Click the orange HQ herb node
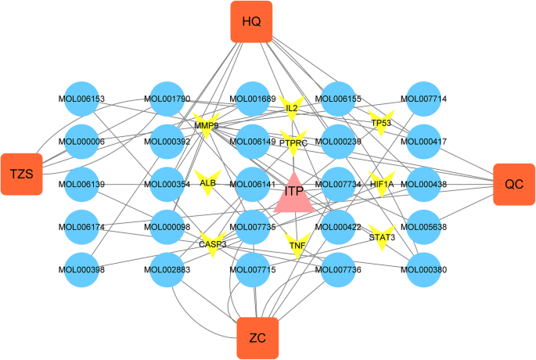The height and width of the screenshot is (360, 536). (x=251, y=21)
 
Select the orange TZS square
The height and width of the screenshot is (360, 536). (x=21, y=174)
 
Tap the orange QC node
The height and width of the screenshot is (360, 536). (x=514, y=184)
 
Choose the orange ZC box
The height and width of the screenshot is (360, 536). (x=257, y=338)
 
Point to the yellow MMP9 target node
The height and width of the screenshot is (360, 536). (x=207, y=125)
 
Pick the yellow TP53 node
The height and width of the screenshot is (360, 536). (x=381, y=123)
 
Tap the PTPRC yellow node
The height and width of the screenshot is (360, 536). (x=293, y=142)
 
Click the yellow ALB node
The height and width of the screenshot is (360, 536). (x=207, y=183)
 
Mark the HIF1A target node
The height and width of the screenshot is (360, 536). (x=382, y=184)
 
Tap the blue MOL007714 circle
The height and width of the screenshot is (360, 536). (x=423, y=99)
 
